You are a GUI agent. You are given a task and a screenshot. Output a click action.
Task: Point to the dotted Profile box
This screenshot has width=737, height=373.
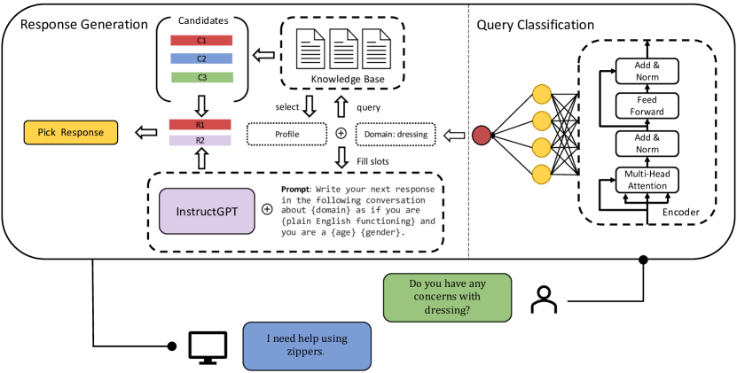point(286,135)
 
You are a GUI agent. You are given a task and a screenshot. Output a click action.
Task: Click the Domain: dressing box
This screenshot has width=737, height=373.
point(395,135)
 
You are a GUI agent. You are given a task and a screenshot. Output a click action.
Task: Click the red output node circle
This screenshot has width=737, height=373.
point(482,135)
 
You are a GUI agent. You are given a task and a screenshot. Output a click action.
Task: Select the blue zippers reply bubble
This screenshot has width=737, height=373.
point(308,345)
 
